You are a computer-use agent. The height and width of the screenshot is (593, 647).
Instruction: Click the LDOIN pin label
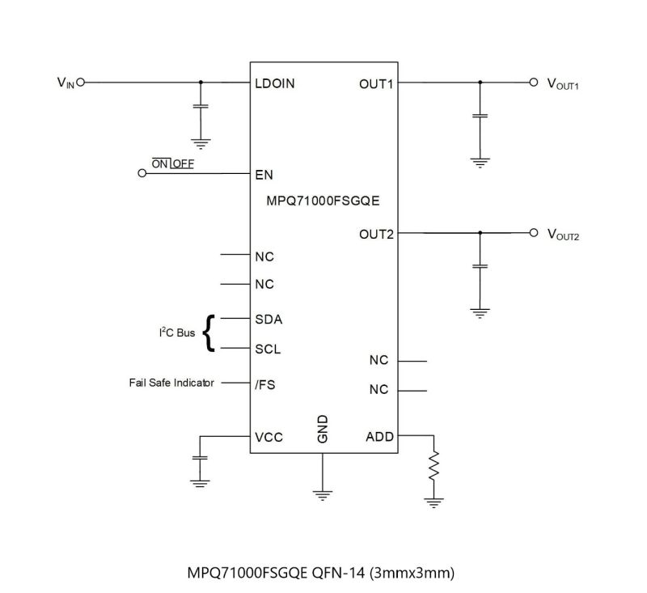274,83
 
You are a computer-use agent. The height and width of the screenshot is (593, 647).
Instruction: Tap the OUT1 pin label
376,83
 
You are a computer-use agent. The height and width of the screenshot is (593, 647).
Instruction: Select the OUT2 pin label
376,235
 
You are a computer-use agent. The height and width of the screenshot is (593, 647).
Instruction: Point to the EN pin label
264,174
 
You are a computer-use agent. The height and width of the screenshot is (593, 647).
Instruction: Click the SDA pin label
269,319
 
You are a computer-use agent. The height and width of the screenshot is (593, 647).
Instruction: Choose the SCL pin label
269,349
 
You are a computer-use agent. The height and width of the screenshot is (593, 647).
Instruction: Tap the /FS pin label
265,384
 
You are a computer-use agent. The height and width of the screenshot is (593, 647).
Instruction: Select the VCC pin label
269,438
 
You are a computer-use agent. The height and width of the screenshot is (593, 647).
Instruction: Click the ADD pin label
379,437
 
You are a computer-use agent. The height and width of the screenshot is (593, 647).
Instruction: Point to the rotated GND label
323,430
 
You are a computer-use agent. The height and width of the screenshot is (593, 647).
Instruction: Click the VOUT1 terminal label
563,84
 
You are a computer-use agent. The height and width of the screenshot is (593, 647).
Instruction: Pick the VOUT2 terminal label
563,235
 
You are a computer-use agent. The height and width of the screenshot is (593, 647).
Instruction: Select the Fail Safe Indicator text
171,383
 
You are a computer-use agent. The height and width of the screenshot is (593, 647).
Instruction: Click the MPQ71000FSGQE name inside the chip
323,201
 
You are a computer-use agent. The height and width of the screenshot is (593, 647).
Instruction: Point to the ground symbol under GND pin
323,493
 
